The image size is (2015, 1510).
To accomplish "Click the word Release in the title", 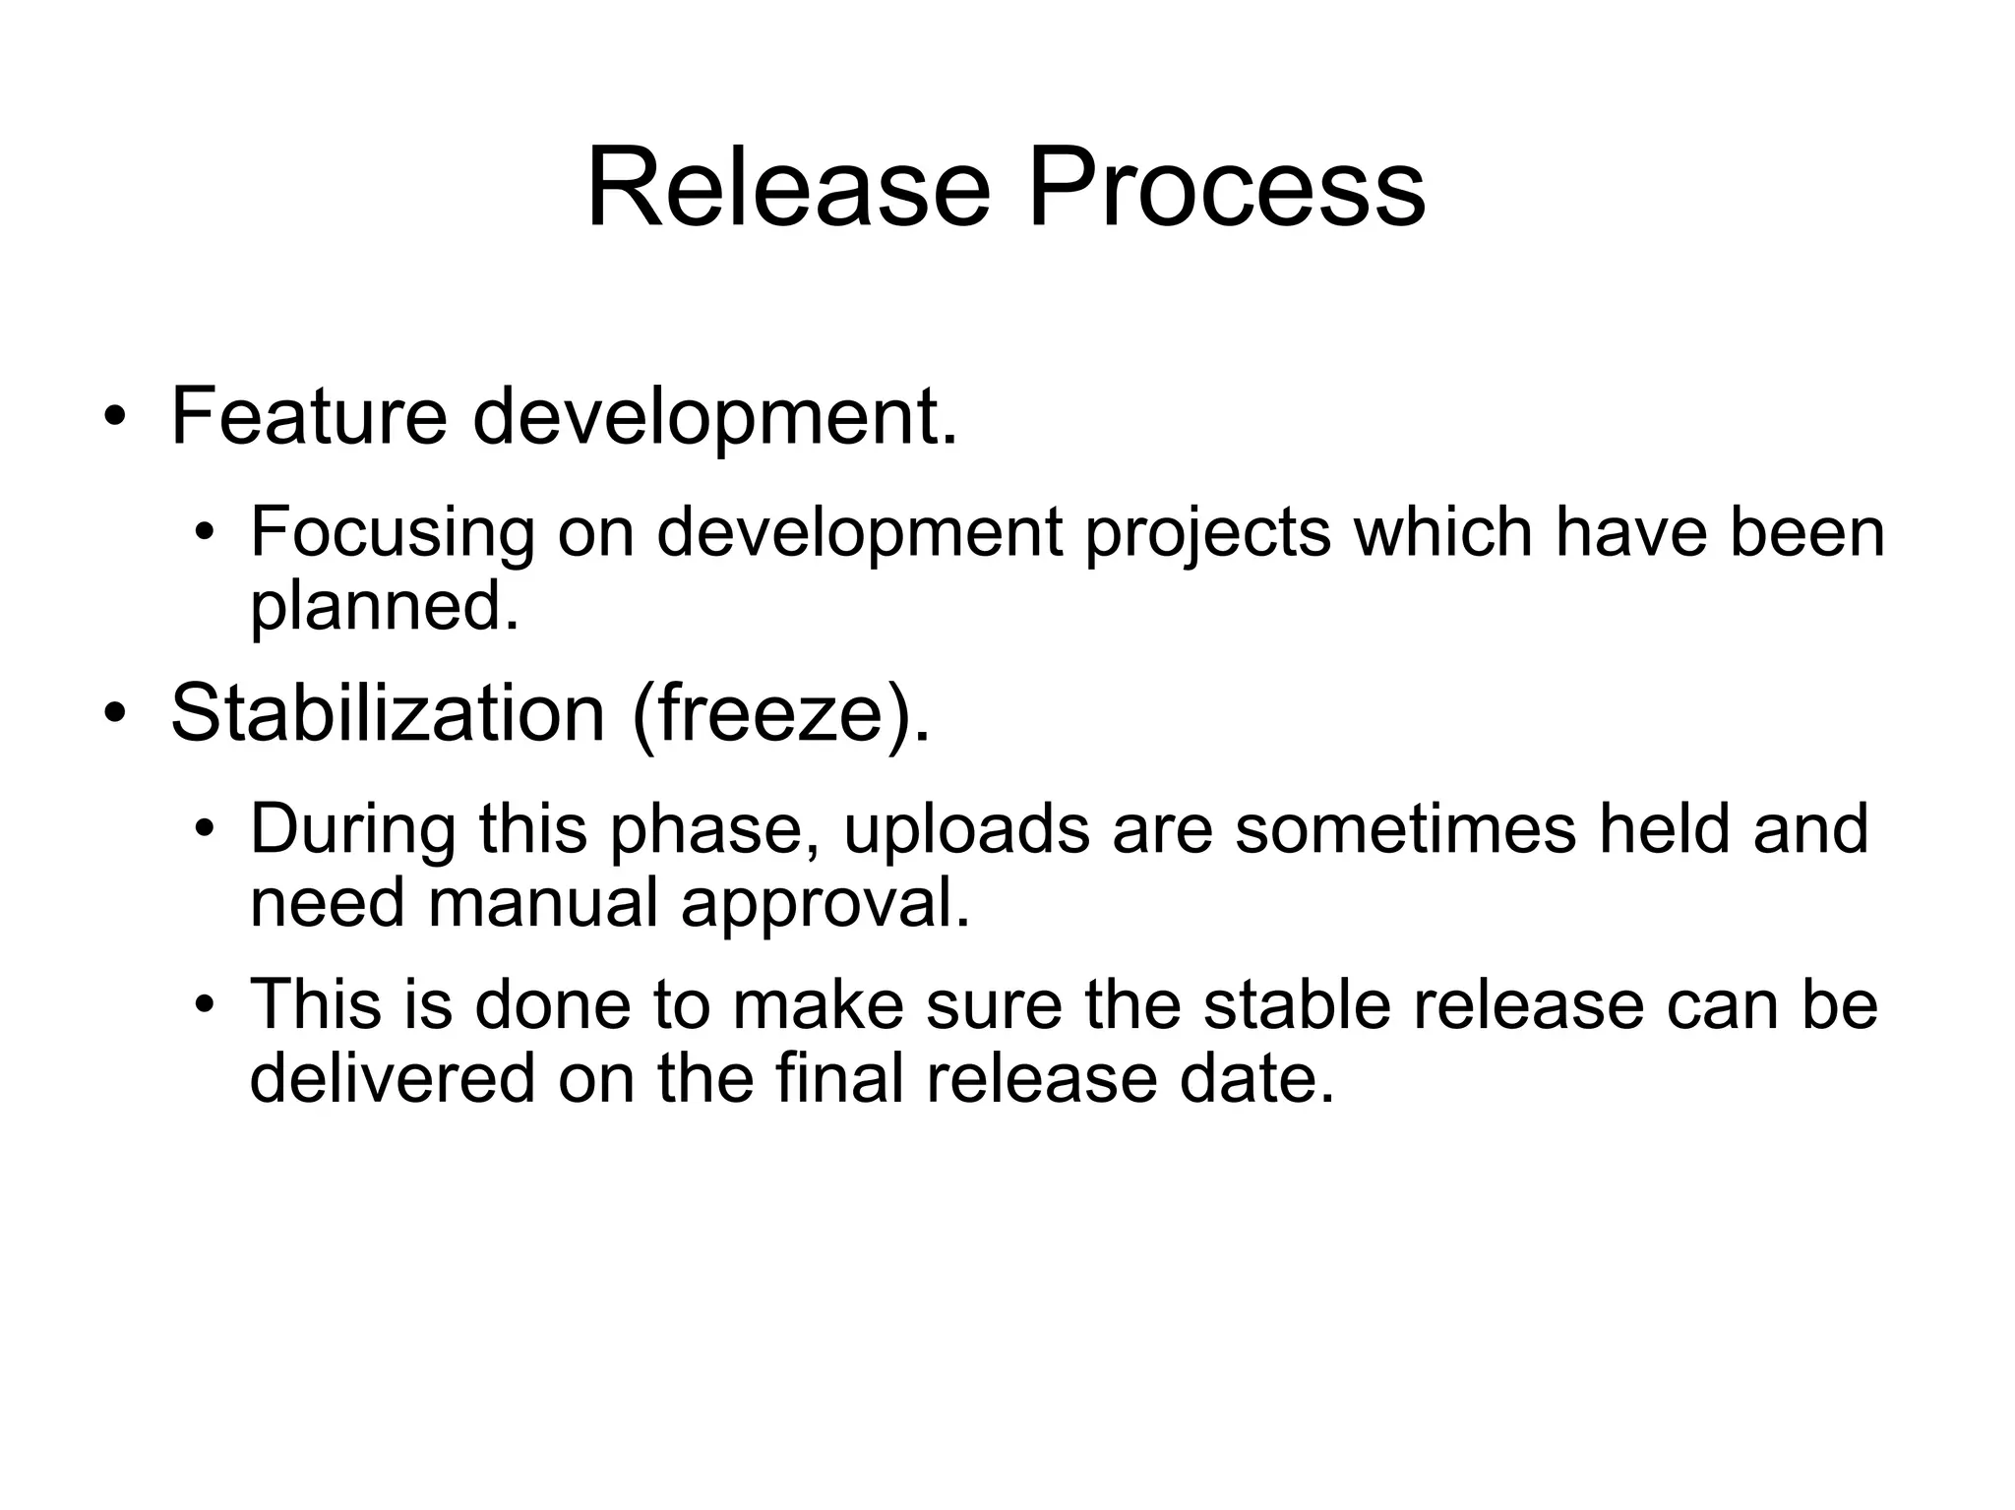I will [x=788, y=187].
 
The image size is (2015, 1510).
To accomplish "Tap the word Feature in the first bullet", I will [x=309, y=416].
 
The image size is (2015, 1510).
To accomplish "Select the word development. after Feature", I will [x=714, y=418].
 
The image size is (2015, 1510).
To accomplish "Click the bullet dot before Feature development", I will [x=115, y=418].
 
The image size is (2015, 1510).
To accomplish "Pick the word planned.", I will [x=384, y=607].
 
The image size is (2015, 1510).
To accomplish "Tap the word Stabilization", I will [x=388, y=712].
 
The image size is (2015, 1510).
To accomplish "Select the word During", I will [x=353, y=828].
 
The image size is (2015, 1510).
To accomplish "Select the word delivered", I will [x=393, y=1078].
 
